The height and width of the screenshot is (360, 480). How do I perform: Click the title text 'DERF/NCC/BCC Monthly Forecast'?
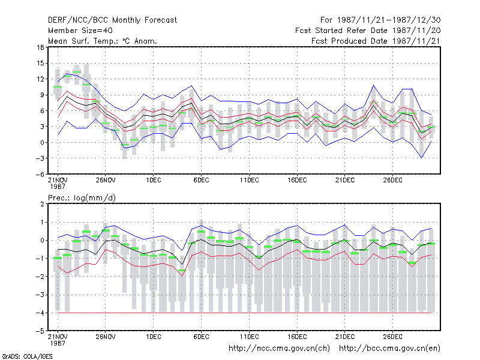pyautogui.click(x=112, y=20)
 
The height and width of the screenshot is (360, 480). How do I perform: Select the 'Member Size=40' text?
pyautogui.click(x=80, y=31)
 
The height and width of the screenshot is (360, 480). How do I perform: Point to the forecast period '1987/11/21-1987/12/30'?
pyautogui.click(x=389, y=20)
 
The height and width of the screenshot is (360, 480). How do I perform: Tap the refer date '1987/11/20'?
pyautogui.click(x=416, y=31)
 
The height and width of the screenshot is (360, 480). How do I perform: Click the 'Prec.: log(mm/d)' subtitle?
pyautogui.click(x=82, y=198)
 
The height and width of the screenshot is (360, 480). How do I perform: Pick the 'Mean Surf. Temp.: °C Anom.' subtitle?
pyautogui.click(x=103, y=41)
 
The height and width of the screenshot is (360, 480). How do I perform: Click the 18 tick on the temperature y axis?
pyautogui.click(x=40, y=47)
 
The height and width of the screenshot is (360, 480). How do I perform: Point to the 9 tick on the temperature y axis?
pyautogui.click(x=42, y=95)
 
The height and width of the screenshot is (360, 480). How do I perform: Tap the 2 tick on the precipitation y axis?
pyautogui.click(x=42, y=204)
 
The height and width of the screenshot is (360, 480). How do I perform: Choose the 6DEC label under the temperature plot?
pyautogui.click(x=201, y=181)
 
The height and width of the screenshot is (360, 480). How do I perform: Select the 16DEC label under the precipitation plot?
pyautogui.click(x=297, y=337)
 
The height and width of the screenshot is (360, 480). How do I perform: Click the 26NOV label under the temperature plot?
pyautogui.click(x=106, y=181)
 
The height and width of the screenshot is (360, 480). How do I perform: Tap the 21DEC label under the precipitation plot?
pyautogui.click(x=344, y=337)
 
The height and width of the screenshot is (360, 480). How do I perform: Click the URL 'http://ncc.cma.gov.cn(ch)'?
pyautogui.click(x=279, y=349)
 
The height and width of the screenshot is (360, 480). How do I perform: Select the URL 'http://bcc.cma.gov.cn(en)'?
pyautogui.click(x=389, y=349)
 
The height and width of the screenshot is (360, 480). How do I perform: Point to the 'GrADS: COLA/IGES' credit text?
pyautogui.click(x=27, y=356)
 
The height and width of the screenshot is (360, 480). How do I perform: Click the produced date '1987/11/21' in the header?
pyautogui.click(x=416, y=41)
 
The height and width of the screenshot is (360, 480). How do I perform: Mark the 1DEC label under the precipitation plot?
pyautogui.click(x=154, y=337)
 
